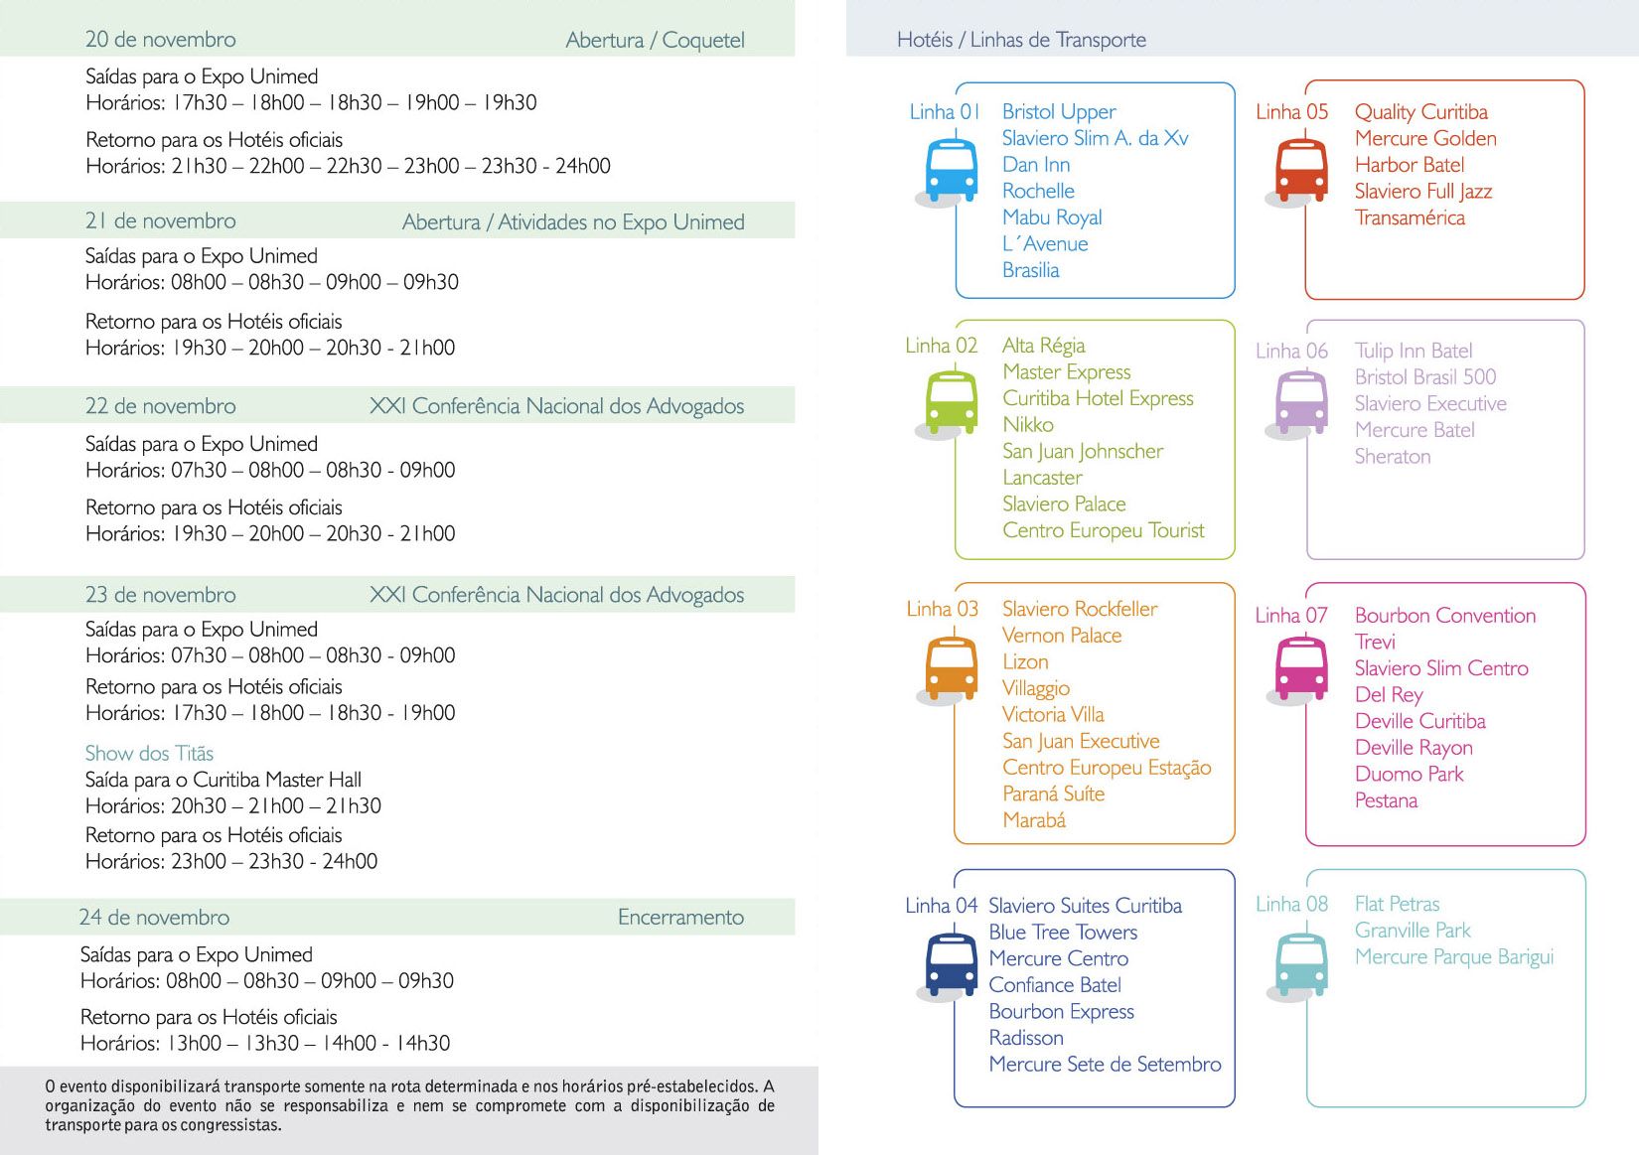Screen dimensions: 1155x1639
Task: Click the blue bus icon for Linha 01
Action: [x=951, y=170]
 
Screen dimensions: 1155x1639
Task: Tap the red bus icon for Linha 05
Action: [x=1301, y=170]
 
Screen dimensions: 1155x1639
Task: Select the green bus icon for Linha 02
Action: [x=951, y=401]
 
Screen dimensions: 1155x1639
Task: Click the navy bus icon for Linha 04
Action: [x=951, y=963]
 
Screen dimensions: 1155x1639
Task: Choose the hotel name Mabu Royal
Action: [x=1051, y=217]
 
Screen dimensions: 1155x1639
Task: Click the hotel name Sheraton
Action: [x=1392, y=457]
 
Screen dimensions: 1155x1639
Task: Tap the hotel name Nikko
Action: [x=1027, y=425]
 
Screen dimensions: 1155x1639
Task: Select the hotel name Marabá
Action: [x=1033, y=820]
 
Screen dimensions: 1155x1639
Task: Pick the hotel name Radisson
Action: [x=1025, y=1038]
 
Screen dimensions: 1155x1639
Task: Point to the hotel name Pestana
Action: [x=1386, y=800]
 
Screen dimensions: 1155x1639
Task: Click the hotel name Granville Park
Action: [x=1412, y=931]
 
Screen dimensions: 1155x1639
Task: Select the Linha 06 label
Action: [x=1290, y=352]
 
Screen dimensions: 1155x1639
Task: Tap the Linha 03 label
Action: [x=942, y=609]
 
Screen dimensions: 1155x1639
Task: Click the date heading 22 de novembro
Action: [x=160, y=406]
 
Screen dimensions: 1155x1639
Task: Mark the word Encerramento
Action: [x=680, y=918]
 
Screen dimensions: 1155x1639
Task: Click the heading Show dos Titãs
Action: [x=149, y=754]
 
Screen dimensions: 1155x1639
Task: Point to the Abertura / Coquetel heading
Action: [x=655, y=41]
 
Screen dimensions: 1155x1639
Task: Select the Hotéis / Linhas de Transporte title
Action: [x=1020, y=40]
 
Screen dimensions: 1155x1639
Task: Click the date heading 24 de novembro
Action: [x=154, y=918]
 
